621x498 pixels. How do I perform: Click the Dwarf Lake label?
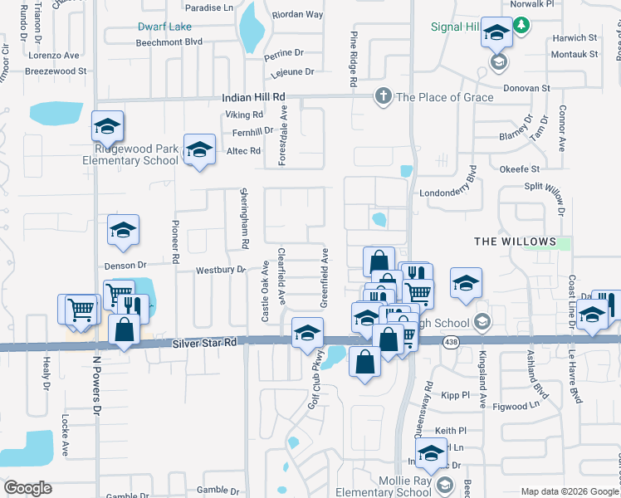pos(164,27)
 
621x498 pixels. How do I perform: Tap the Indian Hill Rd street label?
pos(253,97)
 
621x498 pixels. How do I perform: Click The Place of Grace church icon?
pos(384,96)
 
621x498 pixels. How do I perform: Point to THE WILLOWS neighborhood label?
pos(515,242)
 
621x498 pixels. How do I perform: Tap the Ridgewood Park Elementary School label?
pos(136,154)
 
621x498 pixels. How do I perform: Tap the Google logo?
pos(28,488)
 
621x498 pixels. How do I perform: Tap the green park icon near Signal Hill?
pos(521,27)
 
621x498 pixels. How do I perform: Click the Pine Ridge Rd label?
pos(353,60)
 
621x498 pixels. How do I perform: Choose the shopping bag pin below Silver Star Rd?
pos(364,363)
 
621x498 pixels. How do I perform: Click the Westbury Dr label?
pos(220,270)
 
